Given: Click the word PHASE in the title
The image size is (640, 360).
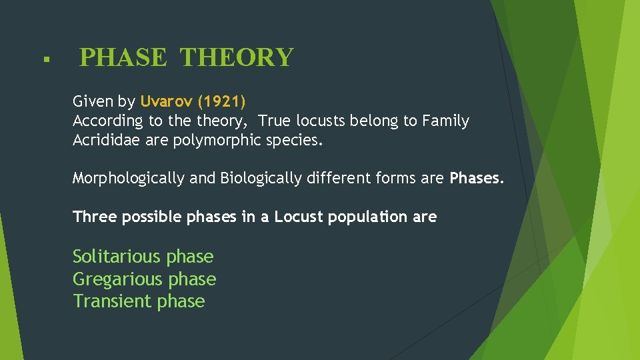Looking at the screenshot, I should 123,58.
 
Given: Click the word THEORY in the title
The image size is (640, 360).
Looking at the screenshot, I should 237,58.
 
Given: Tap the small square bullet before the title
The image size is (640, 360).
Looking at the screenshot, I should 44,60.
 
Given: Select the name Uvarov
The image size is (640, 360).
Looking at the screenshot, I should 167,102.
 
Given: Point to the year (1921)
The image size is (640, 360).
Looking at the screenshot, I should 222,102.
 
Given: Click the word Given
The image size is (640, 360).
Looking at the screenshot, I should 93,102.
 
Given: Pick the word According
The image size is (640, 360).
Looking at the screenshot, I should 107,121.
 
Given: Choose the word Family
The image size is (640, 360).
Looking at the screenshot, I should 445,121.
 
